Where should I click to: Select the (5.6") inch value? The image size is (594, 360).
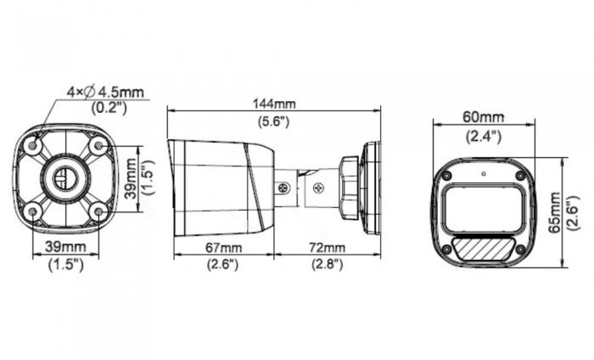272,121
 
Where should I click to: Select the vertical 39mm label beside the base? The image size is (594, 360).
131,177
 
